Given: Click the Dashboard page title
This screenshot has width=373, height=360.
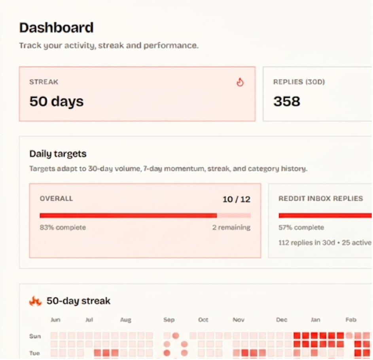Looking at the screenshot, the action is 57,28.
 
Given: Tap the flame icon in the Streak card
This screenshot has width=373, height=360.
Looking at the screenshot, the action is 240,82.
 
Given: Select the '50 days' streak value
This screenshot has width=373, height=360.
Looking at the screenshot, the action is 57,101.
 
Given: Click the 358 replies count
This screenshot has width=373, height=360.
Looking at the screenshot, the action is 287,101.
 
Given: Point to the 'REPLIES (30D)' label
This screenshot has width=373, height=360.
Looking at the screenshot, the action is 299,82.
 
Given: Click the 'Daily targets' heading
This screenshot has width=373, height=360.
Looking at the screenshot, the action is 58,154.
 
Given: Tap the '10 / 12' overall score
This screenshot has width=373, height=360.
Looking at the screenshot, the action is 237,199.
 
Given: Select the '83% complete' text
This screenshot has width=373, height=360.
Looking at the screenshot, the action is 63,227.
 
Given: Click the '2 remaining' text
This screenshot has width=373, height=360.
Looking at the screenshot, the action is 231,227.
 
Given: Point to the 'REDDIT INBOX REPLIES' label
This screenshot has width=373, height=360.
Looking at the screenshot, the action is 321,198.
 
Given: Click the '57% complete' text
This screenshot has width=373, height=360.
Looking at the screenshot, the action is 301,227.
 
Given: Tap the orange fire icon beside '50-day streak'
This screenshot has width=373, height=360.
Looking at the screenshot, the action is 35,301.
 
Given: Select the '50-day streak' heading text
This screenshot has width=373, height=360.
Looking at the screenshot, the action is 78,301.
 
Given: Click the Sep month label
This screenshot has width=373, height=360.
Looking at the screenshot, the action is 169,320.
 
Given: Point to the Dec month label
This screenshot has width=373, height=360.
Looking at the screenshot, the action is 282,320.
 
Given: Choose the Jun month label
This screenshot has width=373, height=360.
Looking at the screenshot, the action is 55,320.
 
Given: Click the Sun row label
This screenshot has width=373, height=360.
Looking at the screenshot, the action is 35,336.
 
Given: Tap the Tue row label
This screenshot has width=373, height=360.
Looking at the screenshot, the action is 34,353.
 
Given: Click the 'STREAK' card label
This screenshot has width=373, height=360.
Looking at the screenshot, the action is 44,82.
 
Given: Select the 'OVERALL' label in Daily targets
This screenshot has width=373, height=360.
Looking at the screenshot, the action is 57,198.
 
